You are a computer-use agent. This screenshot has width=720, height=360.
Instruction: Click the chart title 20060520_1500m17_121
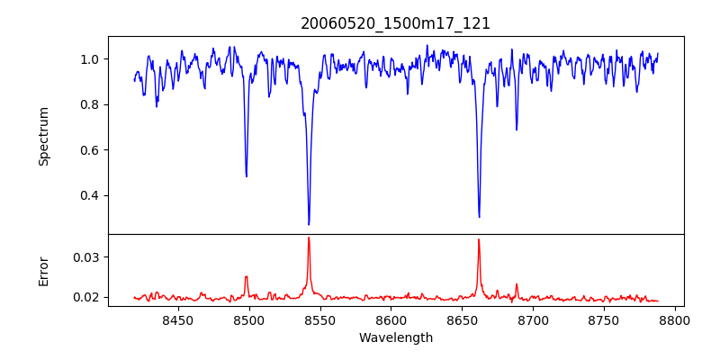click(396, 23)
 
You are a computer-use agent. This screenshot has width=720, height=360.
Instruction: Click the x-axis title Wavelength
click(396, 337)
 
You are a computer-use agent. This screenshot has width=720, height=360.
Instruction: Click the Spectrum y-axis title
click(44, 136)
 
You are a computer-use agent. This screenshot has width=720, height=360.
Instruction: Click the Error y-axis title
click(44, 271)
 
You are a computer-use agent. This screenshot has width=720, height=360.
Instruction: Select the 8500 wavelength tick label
click(249, 319)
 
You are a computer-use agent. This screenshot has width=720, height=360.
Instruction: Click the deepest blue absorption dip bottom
click(309, 224)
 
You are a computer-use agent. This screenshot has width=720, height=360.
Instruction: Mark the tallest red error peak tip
click(309, 238)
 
